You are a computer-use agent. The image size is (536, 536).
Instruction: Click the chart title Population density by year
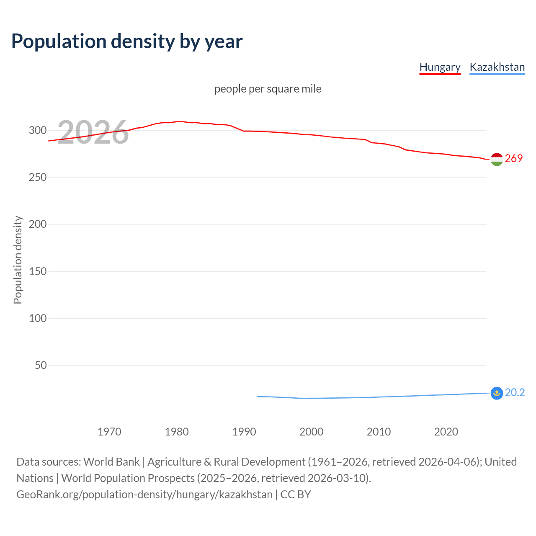(x=127, y=41)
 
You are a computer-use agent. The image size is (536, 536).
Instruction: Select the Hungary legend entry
(x=440, y=67)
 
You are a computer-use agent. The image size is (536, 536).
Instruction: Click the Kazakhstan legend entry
(x=497, y=67)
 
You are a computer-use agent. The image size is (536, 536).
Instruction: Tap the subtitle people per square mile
(x=268, y=89)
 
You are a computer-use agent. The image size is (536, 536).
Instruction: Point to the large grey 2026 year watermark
(x=93, y=132)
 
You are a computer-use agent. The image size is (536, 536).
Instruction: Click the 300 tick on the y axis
(x=38, y=130)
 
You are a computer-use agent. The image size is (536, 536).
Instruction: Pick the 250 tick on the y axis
(x=38, y=177)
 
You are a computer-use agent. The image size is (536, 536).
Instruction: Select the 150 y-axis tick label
(x=38, y=271)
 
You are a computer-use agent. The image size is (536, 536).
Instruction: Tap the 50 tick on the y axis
(x=41, y=365)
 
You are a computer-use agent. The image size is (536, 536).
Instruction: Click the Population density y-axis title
(x=18, y=260)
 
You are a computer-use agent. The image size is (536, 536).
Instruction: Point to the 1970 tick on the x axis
(x=109, y=432)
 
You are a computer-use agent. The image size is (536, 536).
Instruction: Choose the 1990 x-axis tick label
(x=244, y=432)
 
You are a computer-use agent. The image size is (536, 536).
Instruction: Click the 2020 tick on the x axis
(x=446, y=432)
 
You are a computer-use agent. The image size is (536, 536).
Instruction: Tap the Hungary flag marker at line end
(x=497, y=159)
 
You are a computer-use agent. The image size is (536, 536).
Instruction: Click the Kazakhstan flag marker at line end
(x=497, y=393)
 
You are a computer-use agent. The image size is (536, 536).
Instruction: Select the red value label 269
(x=514, y=158)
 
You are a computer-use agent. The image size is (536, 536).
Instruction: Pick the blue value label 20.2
(x=515, y=392)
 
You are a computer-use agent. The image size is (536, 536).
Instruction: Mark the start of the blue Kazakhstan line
(x=258, y=397)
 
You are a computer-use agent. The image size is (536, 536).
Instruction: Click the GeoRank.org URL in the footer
(x=144, y=495)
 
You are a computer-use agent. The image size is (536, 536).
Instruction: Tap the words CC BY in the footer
(x=296, y=495)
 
